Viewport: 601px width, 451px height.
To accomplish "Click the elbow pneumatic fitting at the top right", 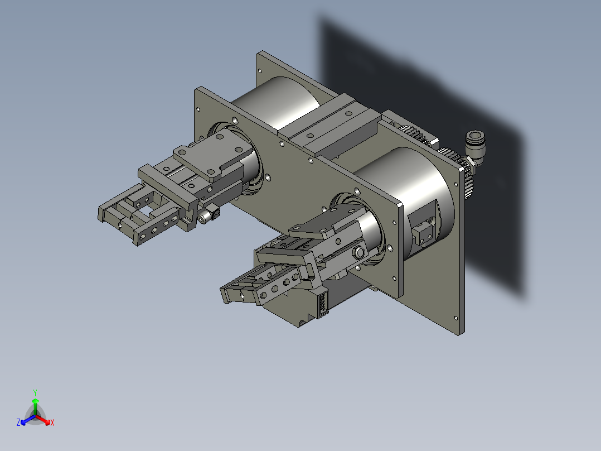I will point(476,147).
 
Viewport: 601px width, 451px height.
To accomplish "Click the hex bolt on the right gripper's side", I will point(360,253).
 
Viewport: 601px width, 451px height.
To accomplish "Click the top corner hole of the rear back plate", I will point(260,71).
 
